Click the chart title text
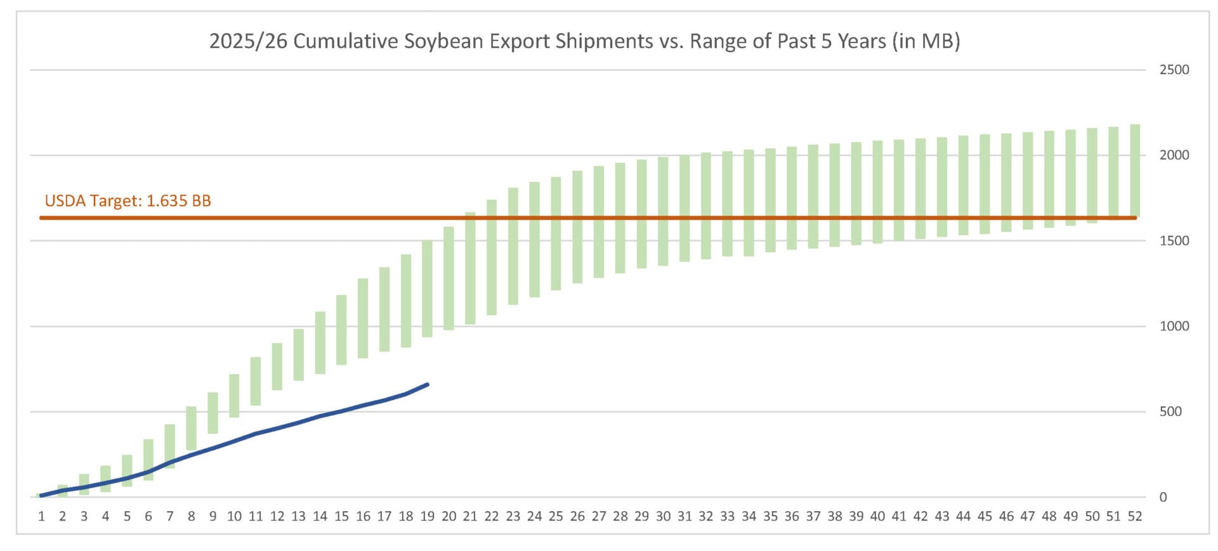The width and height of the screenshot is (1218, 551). click(x=584, y=41)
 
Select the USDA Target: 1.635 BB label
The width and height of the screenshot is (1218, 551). click(x=128, y=201)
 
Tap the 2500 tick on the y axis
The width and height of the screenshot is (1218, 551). click(x=1174, y=70)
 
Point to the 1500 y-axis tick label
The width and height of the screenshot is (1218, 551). click(x=1174, y=241)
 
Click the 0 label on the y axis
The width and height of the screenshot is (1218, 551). click(x=1163, y=497)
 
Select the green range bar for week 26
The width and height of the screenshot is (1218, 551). click(x=577, y=227)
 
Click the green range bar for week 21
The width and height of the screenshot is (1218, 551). click(x=470, y=268)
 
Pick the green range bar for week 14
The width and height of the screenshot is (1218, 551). click(x=320, y=342)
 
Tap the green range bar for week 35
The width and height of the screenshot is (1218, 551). click(x=770, y=200)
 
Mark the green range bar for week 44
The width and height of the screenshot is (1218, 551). click(x=963, y=185)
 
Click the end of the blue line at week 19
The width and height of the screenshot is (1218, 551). click(x=428, y=384)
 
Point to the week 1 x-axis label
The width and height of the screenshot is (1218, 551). click(x=41, y=516)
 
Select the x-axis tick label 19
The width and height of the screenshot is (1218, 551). click(x=427, y=516)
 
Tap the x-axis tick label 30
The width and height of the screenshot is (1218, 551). click(x=663, y=516)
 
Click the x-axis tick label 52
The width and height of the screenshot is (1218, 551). click(x=1135, y=516)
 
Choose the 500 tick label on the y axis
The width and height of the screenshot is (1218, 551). click(x=1170, y=412)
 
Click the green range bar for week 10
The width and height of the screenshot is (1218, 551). click(x=234, y=396)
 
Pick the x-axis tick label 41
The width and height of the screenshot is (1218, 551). click(x=899, y=516)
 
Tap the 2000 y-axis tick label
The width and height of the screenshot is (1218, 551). click(x=1174, y=155)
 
